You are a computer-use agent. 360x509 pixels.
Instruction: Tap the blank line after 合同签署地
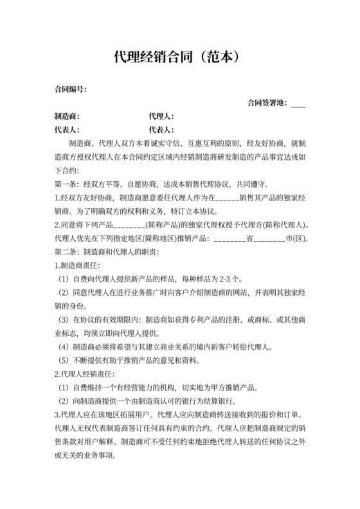(298, 103)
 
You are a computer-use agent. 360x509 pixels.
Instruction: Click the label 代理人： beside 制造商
(161, 116)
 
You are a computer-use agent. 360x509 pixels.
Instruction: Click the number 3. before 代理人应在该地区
(57, 415)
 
